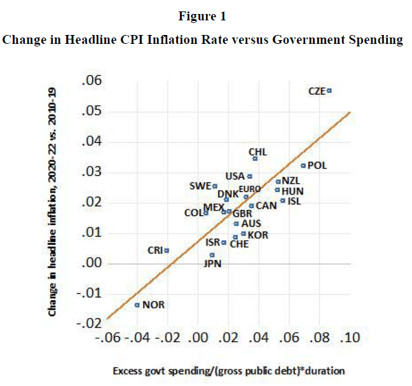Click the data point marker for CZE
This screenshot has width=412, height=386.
pos(329,91)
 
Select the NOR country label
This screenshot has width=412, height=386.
pos(153,305)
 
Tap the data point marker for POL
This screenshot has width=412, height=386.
pos(303,165)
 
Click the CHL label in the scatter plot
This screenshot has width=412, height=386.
pos(257,152)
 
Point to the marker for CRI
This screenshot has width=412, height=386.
pos(167,250)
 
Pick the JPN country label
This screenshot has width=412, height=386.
pos(212,263)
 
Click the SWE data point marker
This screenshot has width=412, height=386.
pos(215,186)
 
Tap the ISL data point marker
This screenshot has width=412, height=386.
pos(282,201)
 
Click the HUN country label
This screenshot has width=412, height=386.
pos(292,191)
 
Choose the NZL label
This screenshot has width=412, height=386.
pos(291,181)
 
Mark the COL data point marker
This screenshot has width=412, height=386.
pos(206,212)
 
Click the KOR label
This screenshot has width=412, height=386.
pos(258,235)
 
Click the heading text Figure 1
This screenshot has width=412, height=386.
pos(205,17)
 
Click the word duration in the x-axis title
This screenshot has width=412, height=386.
pos(326,369)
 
